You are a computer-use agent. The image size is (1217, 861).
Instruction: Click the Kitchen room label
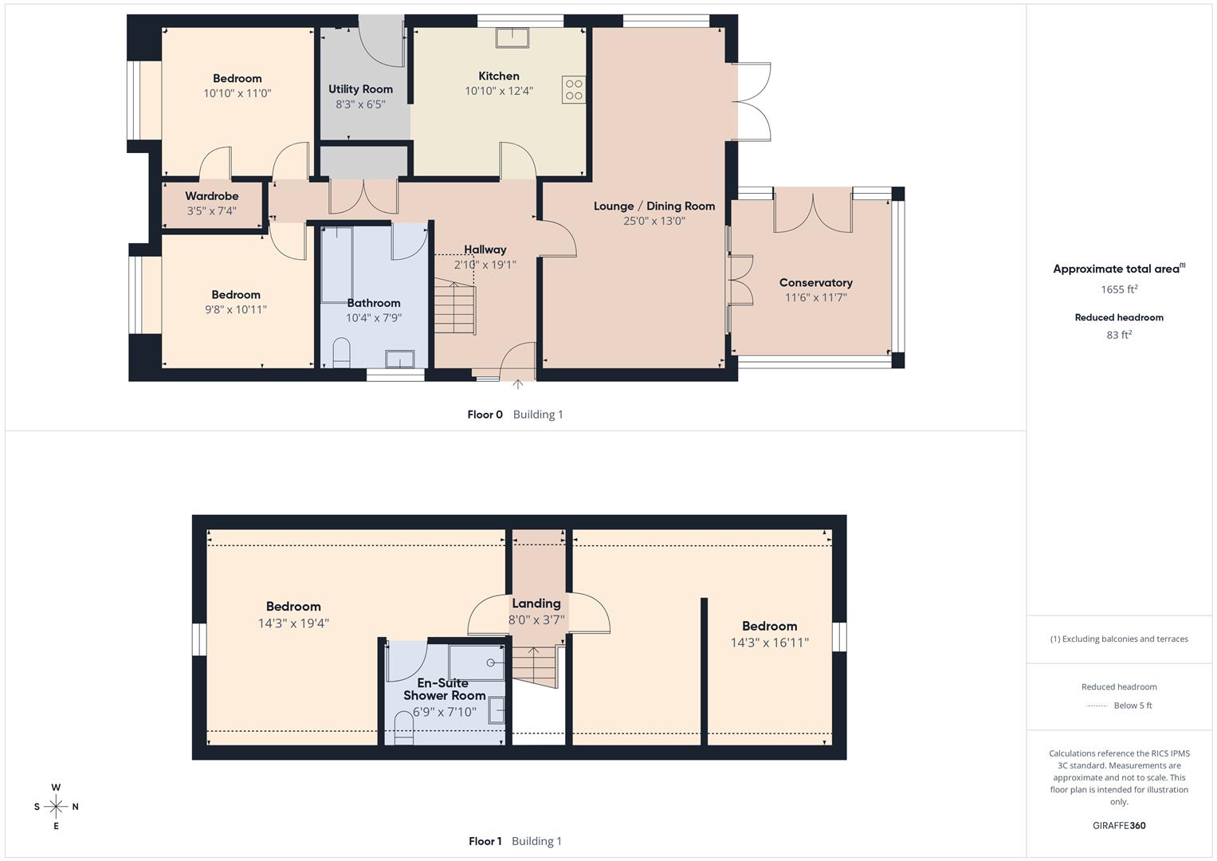(x=498, y=76)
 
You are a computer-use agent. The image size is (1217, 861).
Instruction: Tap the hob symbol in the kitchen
(x=573, y=88)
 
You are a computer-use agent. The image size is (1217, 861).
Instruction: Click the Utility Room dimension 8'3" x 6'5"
(x=360, y=104)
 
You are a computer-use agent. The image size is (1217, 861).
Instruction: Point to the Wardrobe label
(x=212, y=196)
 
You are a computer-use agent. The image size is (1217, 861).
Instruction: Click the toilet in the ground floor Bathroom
(x=341, y=352)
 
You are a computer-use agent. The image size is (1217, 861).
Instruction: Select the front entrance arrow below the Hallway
(x=517, y=385)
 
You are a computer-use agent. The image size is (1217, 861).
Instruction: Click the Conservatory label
(x=815, y=283)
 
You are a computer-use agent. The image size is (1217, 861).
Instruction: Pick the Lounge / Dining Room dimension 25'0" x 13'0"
(x=654, y=221)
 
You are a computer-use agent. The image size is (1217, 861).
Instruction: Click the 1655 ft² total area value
(x=1119, y=289)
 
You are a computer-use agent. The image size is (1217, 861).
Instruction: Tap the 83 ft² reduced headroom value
(x=1119, y=335)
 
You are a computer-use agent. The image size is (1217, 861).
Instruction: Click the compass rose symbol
(x=56, y=807)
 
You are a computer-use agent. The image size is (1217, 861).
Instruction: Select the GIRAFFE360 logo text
(x=1119, y=825)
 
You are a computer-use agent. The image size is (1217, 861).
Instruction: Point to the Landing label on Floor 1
(x=536, y=603)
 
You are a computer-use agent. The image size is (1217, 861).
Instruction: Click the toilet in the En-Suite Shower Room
(x=404, y=728)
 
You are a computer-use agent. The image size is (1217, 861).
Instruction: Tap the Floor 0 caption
(x=485, y=415)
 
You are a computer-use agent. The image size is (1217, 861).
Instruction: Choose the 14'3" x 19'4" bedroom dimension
(x=293, y=623)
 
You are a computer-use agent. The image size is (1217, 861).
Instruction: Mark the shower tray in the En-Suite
(x=477, y=662)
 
